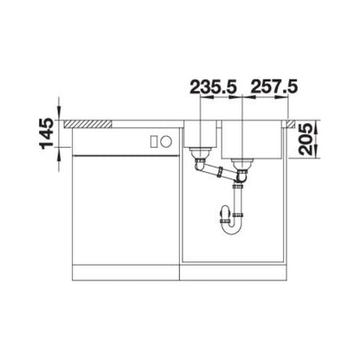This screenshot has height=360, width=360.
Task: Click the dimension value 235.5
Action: pos(214,87)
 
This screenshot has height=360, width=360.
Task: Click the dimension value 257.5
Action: pos(273,87)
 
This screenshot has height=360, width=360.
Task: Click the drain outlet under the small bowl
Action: pos(201,159)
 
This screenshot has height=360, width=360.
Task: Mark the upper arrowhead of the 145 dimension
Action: pos(61,113)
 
